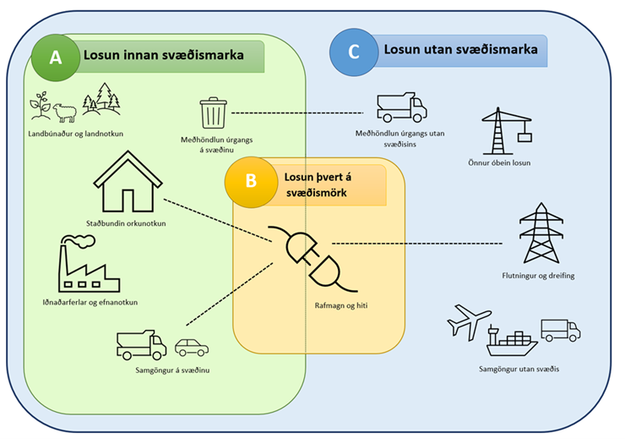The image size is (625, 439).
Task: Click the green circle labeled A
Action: click(56, 57)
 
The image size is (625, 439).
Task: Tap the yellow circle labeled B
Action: click(249, 180)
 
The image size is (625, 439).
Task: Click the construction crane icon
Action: click(507, 131)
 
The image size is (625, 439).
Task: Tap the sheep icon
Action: click(65, 112)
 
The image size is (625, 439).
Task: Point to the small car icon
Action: click(191, 347)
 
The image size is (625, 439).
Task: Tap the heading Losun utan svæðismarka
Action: click(460, 51)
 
